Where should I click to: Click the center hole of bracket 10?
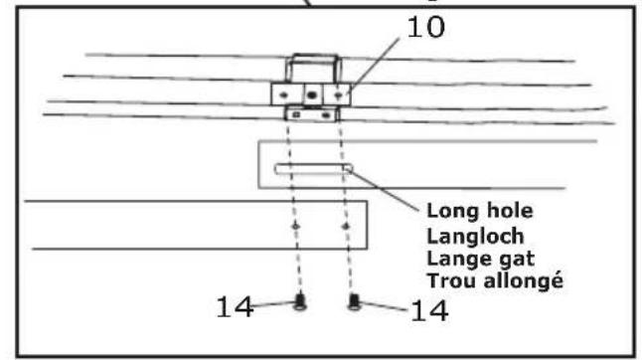point(312,94)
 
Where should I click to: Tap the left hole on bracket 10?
point(285,94)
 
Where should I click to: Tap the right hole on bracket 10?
point(341,94)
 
